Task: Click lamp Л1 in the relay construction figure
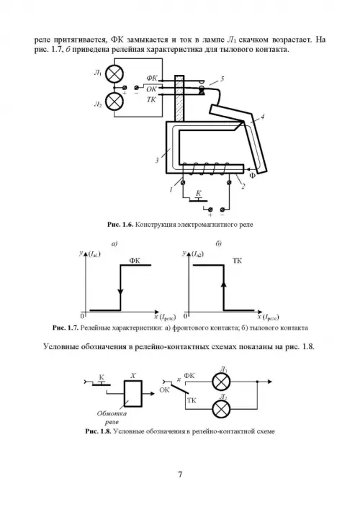114,74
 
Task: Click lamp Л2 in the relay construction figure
114,102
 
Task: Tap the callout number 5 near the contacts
222,79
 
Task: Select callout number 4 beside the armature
262,116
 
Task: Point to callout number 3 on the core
157,160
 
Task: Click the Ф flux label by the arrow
253,176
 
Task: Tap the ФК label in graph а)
135,261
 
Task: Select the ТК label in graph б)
238,261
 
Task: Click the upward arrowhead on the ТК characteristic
223,284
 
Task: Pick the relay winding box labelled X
132,393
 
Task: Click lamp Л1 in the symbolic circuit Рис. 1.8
221,382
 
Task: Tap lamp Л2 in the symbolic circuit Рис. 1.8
221,409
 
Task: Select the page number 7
180,474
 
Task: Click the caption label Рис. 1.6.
120,225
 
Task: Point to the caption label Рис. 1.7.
66,328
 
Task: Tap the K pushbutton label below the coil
198,194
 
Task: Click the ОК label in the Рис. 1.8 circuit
165,390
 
